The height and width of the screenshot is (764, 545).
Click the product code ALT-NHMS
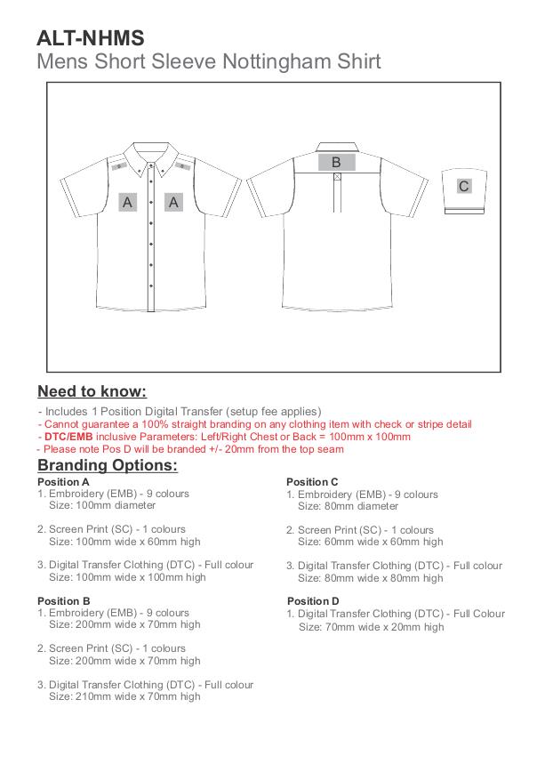pos(90,37)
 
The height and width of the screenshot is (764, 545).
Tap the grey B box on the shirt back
pos(336,162)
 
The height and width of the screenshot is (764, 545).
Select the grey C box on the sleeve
pos(463,186)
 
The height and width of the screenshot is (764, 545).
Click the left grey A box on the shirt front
pos(128,202)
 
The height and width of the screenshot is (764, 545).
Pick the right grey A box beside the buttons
pos(173,202)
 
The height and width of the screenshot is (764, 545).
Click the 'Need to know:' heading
pos(92,391)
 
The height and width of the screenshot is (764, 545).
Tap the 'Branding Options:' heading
pos(108,465)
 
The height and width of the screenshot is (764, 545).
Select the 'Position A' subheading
pos(63,482)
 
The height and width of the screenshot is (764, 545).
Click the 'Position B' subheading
pos(63,601)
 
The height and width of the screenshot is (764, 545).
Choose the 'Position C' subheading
pos(312,482)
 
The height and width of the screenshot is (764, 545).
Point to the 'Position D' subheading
pos(313,601)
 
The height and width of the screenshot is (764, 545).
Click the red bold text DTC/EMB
pos(68,437)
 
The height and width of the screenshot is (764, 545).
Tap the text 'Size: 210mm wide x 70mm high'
pos(124,696)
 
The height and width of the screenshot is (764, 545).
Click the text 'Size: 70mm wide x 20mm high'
pos(371,626)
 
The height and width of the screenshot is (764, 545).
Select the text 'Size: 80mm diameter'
pos(348,505)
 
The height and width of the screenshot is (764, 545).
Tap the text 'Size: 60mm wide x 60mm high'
pos(370,541)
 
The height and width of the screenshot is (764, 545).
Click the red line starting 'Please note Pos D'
pos(190,449)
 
